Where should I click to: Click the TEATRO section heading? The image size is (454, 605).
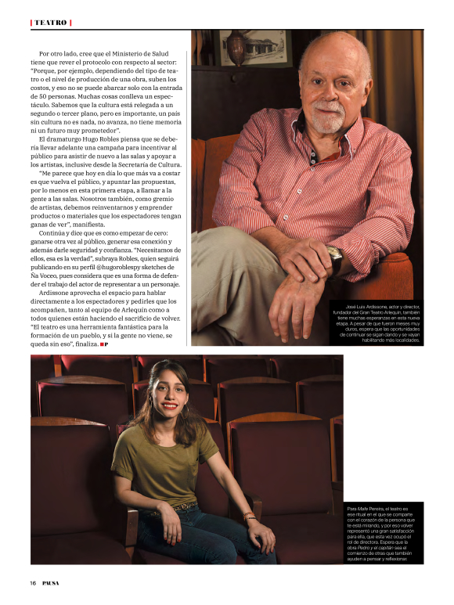point(51,23)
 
